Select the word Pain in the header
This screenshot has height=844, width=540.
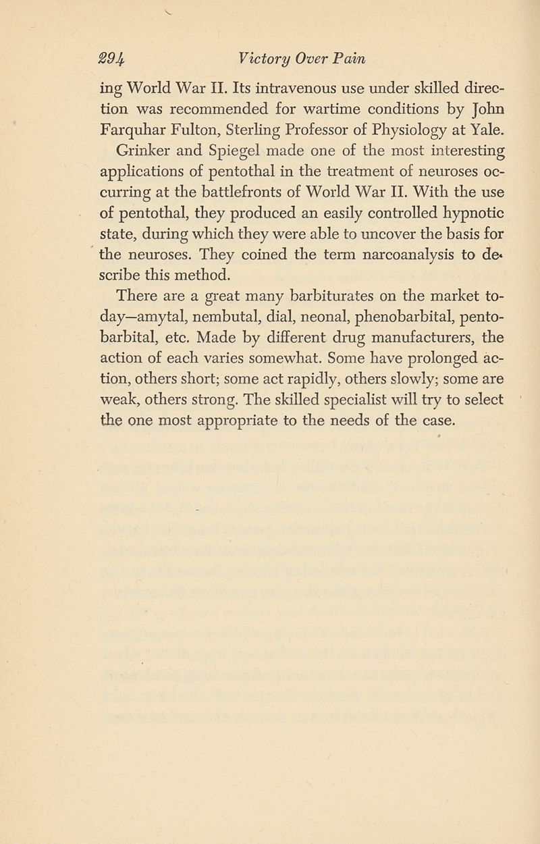[349, 59]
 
